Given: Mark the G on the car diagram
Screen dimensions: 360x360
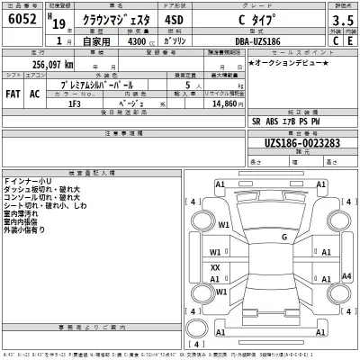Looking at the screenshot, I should pos(283,237).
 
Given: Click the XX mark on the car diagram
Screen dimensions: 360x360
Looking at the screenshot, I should pos(215,267).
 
